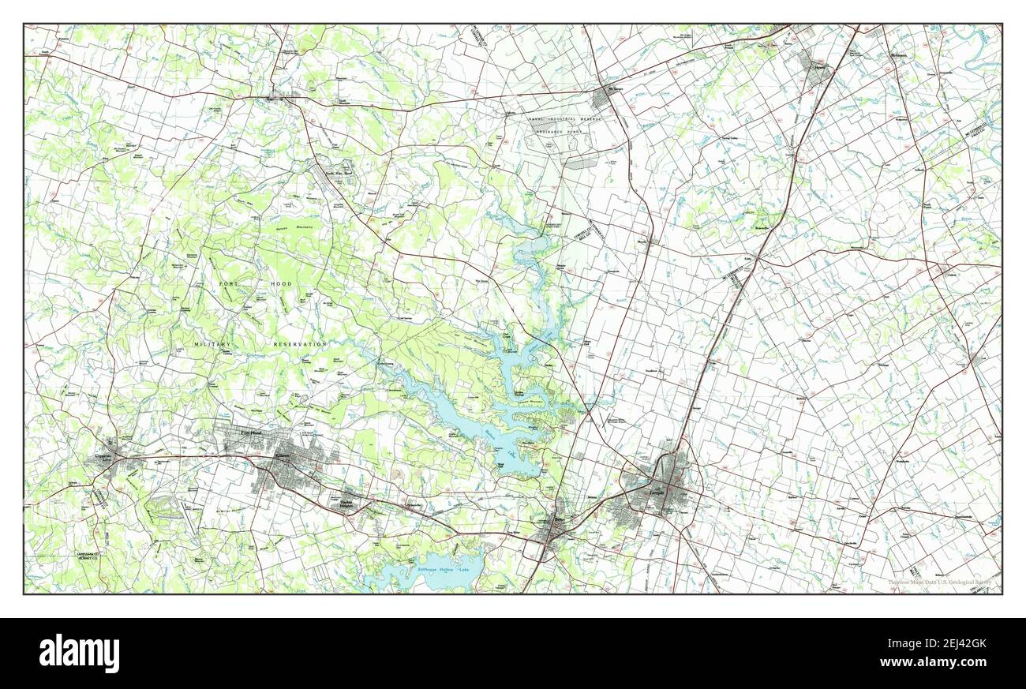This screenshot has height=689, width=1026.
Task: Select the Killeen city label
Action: (282, 456)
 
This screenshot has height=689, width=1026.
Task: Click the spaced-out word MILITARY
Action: (212, 345)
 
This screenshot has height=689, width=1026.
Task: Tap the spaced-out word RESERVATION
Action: (300, 345)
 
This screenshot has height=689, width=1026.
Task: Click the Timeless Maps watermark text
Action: (938, 582)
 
